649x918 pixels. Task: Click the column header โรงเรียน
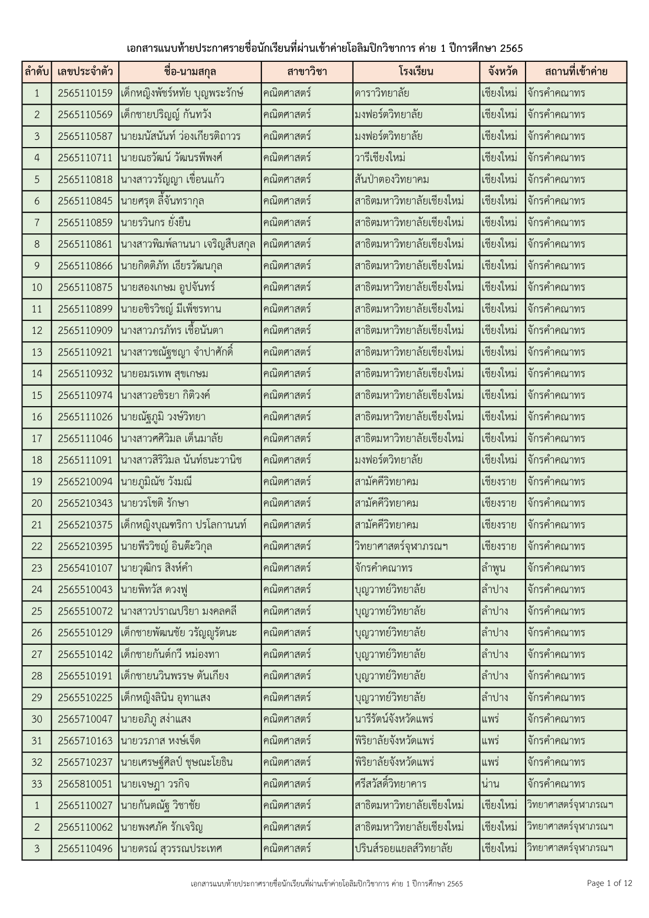pyautogui.click(x=416, y=72)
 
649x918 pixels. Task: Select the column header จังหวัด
pyautogui.click(x=502, y=72)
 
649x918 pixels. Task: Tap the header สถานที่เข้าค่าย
pyautogui.click(x=576, y=72)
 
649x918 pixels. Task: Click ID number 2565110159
pyautogui.click(x=85, y=94)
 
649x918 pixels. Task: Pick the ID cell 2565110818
pyautogui.click(x=85, y=180)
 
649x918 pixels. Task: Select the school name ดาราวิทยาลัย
pyautogui.click(x=382, y=94)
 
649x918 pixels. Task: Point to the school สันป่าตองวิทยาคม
pyautogui.click(x=392, y=180)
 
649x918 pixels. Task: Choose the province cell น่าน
pyautogui.click(x=491, y=783)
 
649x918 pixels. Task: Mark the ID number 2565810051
pyautogui.click(x=85, y=783)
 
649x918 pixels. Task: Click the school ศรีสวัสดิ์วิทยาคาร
pyautogui.click(x=390, y=783)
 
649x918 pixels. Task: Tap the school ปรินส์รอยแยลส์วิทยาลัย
pyautogui.click(x=403, y=848)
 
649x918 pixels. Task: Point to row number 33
pyautogui.click(x=37, y=783)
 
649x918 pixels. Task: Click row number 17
pyautogui.click(x=37, y=439)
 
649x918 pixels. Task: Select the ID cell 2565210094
pyautogui.click(x=85, y=482)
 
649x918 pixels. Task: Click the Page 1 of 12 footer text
pyautogui.click(x=609, y=883)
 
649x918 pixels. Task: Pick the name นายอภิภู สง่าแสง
pyautogui.click(x=155, y=719)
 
